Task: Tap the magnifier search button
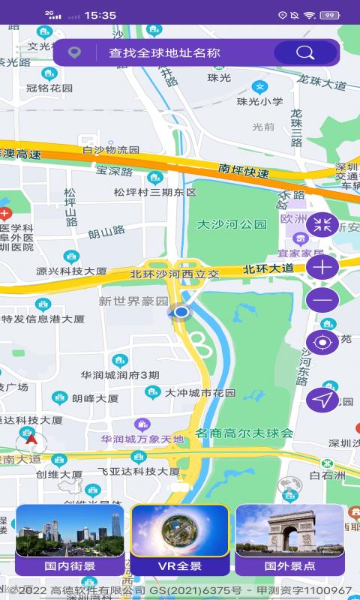tap(305, 52)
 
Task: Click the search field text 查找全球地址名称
tap(164, 52)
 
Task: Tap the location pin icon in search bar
tap(73, 52)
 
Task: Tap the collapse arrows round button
tap(322, 223)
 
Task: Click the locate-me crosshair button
tap(322, 343)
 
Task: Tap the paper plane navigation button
tap(322, 400)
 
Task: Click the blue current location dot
tap(181, 311)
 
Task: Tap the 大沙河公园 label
tap(232, 224)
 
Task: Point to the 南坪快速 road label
tap(244, 170)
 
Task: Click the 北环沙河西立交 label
tap(175, 274)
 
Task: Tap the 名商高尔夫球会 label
tap(244, 433)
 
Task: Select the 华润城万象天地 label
tap(142, 439)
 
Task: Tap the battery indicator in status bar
tap(329, 15)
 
